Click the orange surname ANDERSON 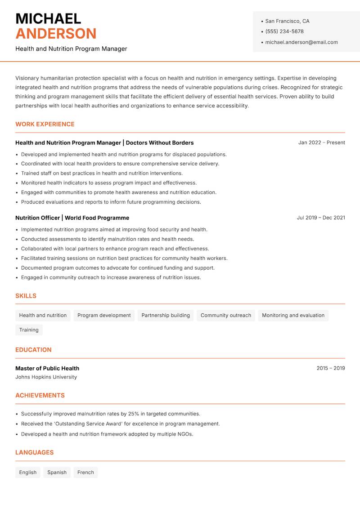point(56,34)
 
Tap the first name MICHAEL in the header point(48,18)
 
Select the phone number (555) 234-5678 point(284,31)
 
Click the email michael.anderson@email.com point(301,42)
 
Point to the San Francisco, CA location point(287,21)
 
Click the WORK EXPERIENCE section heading point(45,124)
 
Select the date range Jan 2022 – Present point(321,143)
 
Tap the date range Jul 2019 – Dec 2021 point(321,218)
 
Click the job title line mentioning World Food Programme point(72,218)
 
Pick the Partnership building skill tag point(166,315)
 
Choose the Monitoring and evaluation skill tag point(293,315)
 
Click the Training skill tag point(29,330)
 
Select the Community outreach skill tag point(226,315)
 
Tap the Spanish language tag point(57,472)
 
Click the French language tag point(85,472)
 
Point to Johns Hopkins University point(46,377)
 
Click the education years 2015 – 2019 point(330,368)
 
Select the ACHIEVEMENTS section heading point(40,395)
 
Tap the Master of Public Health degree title point(47,368)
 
